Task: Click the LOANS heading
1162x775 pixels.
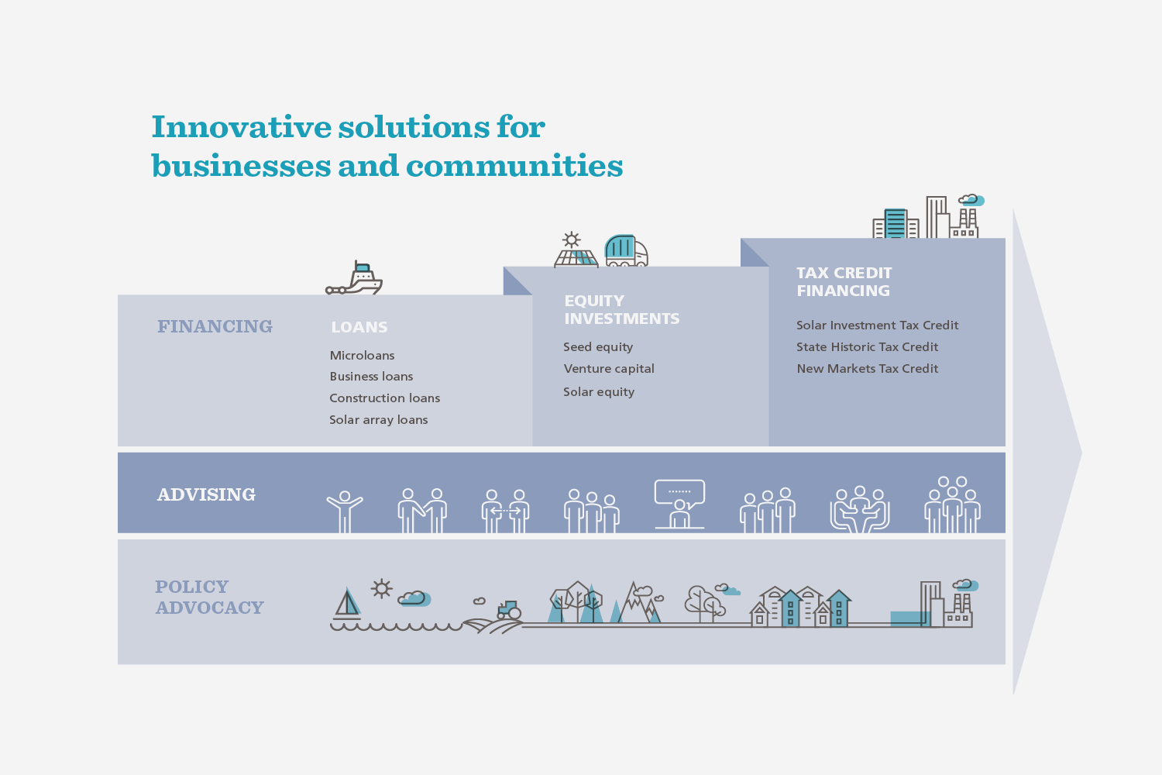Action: [x=359, y=327]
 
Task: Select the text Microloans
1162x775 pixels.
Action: [x=362, y=356]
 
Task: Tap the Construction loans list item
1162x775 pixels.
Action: [x=384, y=398]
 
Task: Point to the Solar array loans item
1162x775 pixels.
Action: [x=378, y=420]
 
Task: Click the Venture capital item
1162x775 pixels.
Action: [x=608, y=369]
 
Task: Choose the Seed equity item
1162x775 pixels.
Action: [x=597, y=346]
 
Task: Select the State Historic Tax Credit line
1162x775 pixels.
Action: [x=867, y=346]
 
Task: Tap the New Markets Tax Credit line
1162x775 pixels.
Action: [x=867, y=369]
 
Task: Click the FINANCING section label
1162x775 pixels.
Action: [x=215, y=326]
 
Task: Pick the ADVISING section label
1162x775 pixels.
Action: [x=206, y=494]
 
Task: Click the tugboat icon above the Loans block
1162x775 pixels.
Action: [x=354, y=279]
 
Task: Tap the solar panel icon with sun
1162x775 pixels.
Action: [x=576, y=250]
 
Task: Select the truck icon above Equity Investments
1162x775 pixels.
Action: [x=626, y=251]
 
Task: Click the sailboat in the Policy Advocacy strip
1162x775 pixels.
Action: [x=347, y=603]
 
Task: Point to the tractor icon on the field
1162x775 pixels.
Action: [x=509, y=611]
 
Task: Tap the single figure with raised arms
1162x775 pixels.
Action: [x=345, y=511]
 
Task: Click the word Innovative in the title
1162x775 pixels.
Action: [x=241, y=127]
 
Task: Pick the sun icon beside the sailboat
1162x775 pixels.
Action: [x=382, y=589]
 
